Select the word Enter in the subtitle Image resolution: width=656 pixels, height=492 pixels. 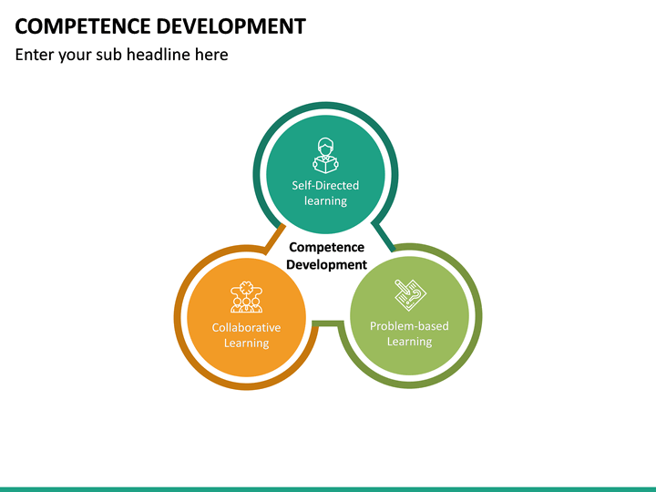click(36, 55)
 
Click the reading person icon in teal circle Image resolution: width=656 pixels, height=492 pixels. click(325, 156)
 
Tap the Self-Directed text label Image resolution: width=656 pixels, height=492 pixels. click(325, 185)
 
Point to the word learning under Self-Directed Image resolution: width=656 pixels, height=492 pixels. click(325, 200)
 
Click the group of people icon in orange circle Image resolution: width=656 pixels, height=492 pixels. click(246, 297)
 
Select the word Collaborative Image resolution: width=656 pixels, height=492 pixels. click(246, 327)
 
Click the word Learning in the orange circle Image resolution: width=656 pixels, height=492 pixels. click(246, 343)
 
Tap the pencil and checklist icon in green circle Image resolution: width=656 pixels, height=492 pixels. click(409, 295)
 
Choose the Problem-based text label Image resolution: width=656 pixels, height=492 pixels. click(409, 325)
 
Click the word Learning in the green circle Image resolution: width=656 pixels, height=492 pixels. click(409, 342)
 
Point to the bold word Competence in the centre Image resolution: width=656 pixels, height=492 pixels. click(326, 247)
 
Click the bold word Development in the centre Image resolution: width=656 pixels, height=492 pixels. click(326, 264)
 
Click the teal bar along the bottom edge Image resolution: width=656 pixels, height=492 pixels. click(328, 488)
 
